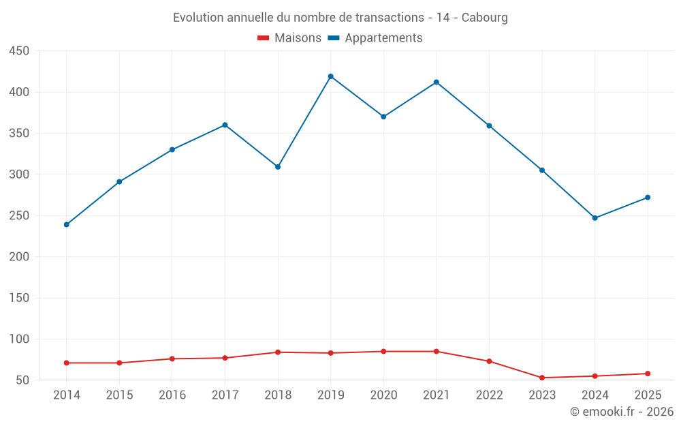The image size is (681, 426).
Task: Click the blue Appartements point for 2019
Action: point(330,76)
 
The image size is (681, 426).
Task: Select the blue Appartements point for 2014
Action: point(67,225)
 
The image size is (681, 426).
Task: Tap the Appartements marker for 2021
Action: point(437,82)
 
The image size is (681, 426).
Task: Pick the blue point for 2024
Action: point(595,218)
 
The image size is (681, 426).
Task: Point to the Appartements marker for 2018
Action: point(278,167)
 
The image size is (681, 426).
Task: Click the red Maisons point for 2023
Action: point(542,378)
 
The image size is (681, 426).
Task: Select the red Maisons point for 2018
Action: point(278,352)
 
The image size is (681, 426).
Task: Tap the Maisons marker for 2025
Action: point(648,374)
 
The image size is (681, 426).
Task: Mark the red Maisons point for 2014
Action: point(67,363)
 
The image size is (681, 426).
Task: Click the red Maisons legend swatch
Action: point(263,38)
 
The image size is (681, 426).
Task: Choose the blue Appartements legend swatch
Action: point(334,38)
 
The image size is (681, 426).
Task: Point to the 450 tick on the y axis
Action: point(19,51)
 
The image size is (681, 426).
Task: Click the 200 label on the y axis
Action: point(19,256)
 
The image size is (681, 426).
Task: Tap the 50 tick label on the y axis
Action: point(22,380)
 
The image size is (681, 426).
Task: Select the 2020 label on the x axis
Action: point(383,395)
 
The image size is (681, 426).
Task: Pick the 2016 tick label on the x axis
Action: point(172,395)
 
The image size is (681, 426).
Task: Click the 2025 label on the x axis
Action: point(648,395)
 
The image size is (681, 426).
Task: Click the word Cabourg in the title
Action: point(484,18)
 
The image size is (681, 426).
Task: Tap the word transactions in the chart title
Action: point(390,18)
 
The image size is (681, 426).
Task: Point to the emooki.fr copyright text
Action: point(622,411)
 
